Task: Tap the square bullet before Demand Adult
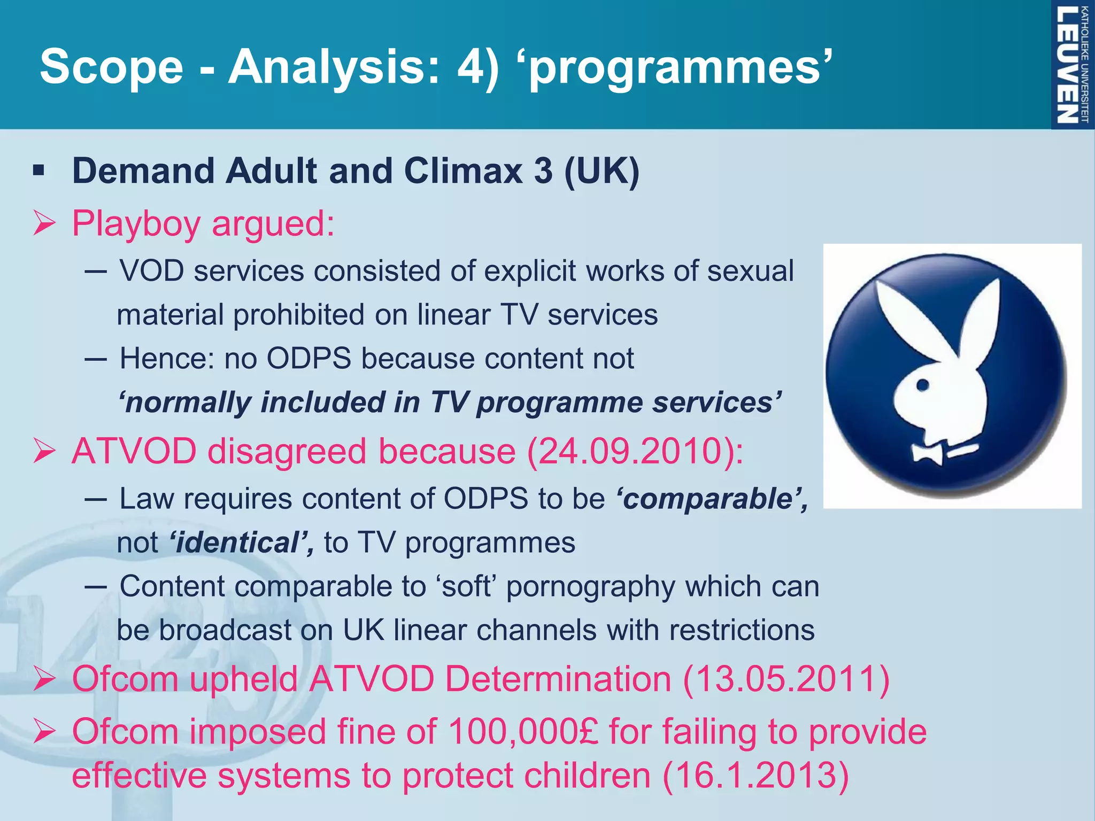click(38, 172)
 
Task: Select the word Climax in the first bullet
click(463, 171)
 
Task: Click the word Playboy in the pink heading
click(136, 223)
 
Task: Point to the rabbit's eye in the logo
click(923, 384)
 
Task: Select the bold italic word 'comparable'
click(711, 499)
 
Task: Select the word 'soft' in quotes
click(467, 587)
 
